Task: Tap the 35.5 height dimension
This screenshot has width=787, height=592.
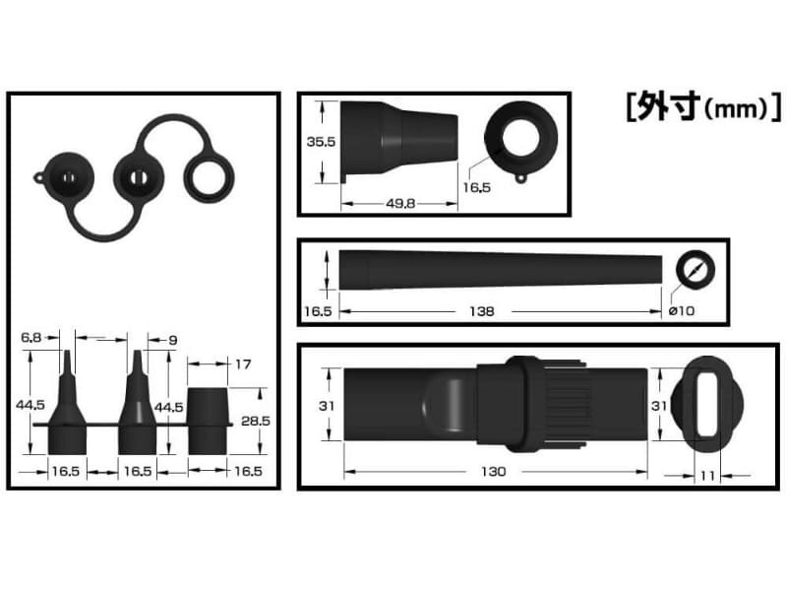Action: click(x=321, y=142)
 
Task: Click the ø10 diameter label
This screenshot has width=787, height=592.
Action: click(x=681, y=311)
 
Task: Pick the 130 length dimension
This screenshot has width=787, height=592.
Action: click(x=494, y=472)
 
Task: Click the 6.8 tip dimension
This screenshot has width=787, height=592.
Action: click(x=31, y=339)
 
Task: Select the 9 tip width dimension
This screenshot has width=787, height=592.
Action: click(x=172, y=340)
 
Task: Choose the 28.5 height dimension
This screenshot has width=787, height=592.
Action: click(x=254, y=420)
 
